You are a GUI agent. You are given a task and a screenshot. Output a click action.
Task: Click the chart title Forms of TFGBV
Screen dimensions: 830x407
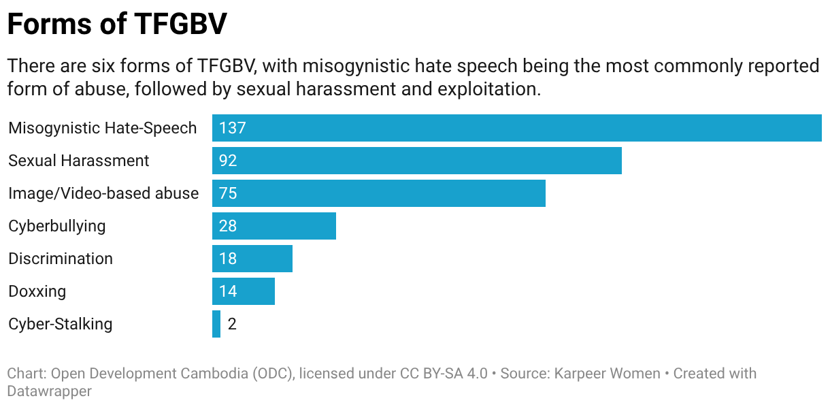click(117, 24)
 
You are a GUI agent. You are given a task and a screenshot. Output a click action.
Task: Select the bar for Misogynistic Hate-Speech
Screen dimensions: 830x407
click(517, 128)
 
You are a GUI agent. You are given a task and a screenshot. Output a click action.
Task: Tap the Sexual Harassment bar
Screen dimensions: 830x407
click(417, 161)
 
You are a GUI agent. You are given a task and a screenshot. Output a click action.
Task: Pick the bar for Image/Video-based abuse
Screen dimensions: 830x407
click(379, 193)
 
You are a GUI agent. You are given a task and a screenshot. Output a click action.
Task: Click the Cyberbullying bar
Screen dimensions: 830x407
click(274, 226)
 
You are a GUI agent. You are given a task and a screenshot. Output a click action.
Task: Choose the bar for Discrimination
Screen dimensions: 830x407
click(252, 259)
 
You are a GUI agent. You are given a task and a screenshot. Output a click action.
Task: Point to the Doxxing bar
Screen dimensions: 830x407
click(244, 291)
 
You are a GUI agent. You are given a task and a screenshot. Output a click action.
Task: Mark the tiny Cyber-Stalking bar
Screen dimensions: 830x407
click(216, 324)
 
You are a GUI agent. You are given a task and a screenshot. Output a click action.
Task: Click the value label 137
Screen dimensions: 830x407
click(232, 128)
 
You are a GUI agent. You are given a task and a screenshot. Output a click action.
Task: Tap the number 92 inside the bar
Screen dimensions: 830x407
click(228, 161)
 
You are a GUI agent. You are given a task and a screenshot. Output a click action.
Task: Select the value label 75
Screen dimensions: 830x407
click(228, 193)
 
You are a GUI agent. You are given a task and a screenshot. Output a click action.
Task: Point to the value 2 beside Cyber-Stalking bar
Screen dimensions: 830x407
click(232, 324)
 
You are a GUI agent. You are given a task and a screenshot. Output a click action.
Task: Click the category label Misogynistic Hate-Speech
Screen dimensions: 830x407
click(102, 128)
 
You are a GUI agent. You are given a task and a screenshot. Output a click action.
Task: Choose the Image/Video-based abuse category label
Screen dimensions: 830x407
click(103, 193)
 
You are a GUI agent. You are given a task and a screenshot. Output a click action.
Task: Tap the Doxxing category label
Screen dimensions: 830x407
click(37, 291)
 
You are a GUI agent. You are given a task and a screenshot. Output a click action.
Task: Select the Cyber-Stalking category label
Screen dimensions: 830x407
click(60, 324)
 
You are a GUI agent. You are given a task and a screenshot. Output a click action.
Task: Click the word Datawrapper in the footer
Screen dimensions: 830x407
click(49, 391)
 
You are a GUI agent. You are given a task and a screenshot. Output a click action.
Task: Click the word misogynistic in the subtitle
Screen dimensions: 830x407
click(356, 66)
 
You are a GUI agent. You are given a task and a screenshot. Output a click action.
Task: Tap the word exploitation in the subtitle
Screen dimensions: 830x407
click(489, 89)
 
